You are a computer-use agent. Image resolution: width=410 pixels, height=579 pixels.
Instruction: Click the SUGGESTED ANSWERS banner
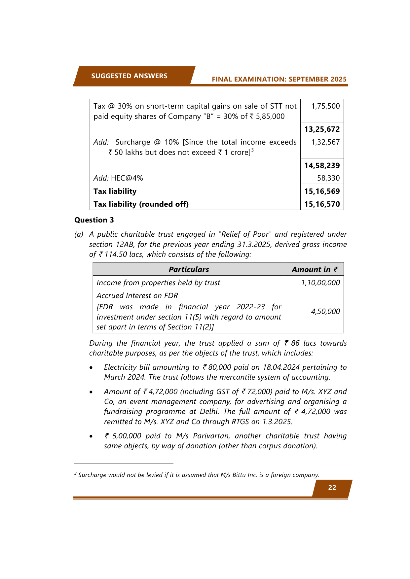pos(129,76)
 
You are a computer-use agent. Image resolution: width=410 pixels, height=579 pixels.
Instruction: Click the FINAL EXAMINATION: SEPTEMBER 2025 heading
pos(279,79)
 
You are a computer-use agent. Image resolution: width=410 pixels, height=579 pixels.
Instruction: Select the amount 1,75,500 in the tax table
pos(325,106)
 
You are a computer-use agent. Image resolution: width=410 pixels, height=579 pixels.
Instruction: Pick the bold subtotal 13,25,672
pos(322,129)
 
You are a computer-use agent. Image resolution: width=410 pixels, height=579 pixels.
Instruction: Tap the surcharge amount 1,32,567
pos(325,142)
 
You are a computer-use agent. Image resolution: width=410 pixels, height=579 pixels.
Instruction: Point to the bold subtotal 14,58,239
pos(322,165)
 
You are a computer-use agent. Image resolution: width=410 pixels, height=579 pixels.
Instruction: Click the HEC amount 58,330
pos(328,178)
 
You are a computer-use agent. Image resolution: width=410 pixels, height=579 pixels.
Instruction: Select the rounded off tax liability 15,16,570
pos(322,204)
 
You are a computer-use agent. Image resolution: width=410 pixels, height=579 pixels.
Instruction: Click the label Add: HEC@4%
pos(118,178)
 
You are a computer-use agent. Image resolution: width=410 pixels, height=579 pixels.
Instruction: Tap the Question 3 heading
pos(94,220)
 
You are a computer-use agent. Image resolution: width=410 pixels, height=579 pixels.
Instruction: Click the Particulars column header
pos(189,269)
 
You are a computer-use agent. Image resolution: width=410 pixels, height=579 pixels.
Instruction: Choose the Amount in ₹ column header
pos(315,269)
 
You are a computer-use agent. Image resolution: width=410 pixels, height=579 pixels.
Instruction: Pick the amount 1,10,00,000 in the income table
pos(320,283)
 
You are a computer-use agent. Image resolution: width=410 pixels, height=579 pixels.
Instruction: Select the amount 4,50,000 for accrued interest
pos(325,311)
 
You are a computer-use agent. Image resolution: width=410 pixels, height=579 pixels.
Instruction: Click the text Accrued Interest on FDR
pos(137,295)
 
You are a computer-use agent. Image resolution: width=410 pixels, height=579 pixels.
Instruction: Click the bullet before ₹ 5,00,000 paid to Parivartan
pos(91,436)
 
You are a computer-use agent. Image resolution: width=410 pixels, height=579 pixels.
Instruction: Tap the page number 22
pos(332,488)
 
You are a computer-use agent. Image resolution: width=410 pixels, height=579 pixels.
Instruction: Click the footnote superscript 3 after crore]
pos(252,150)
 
